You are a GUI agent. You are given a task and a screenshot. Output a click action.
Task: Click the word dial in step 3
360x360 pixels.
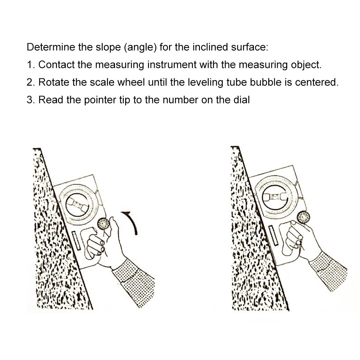point(242,100)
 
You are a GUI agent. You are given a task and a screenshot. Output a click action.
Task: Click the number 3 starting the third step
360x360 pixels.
point(30,100)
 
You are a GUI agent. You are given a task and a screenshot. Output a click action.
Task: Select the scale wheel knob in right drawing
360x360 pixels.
point(303,217)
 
